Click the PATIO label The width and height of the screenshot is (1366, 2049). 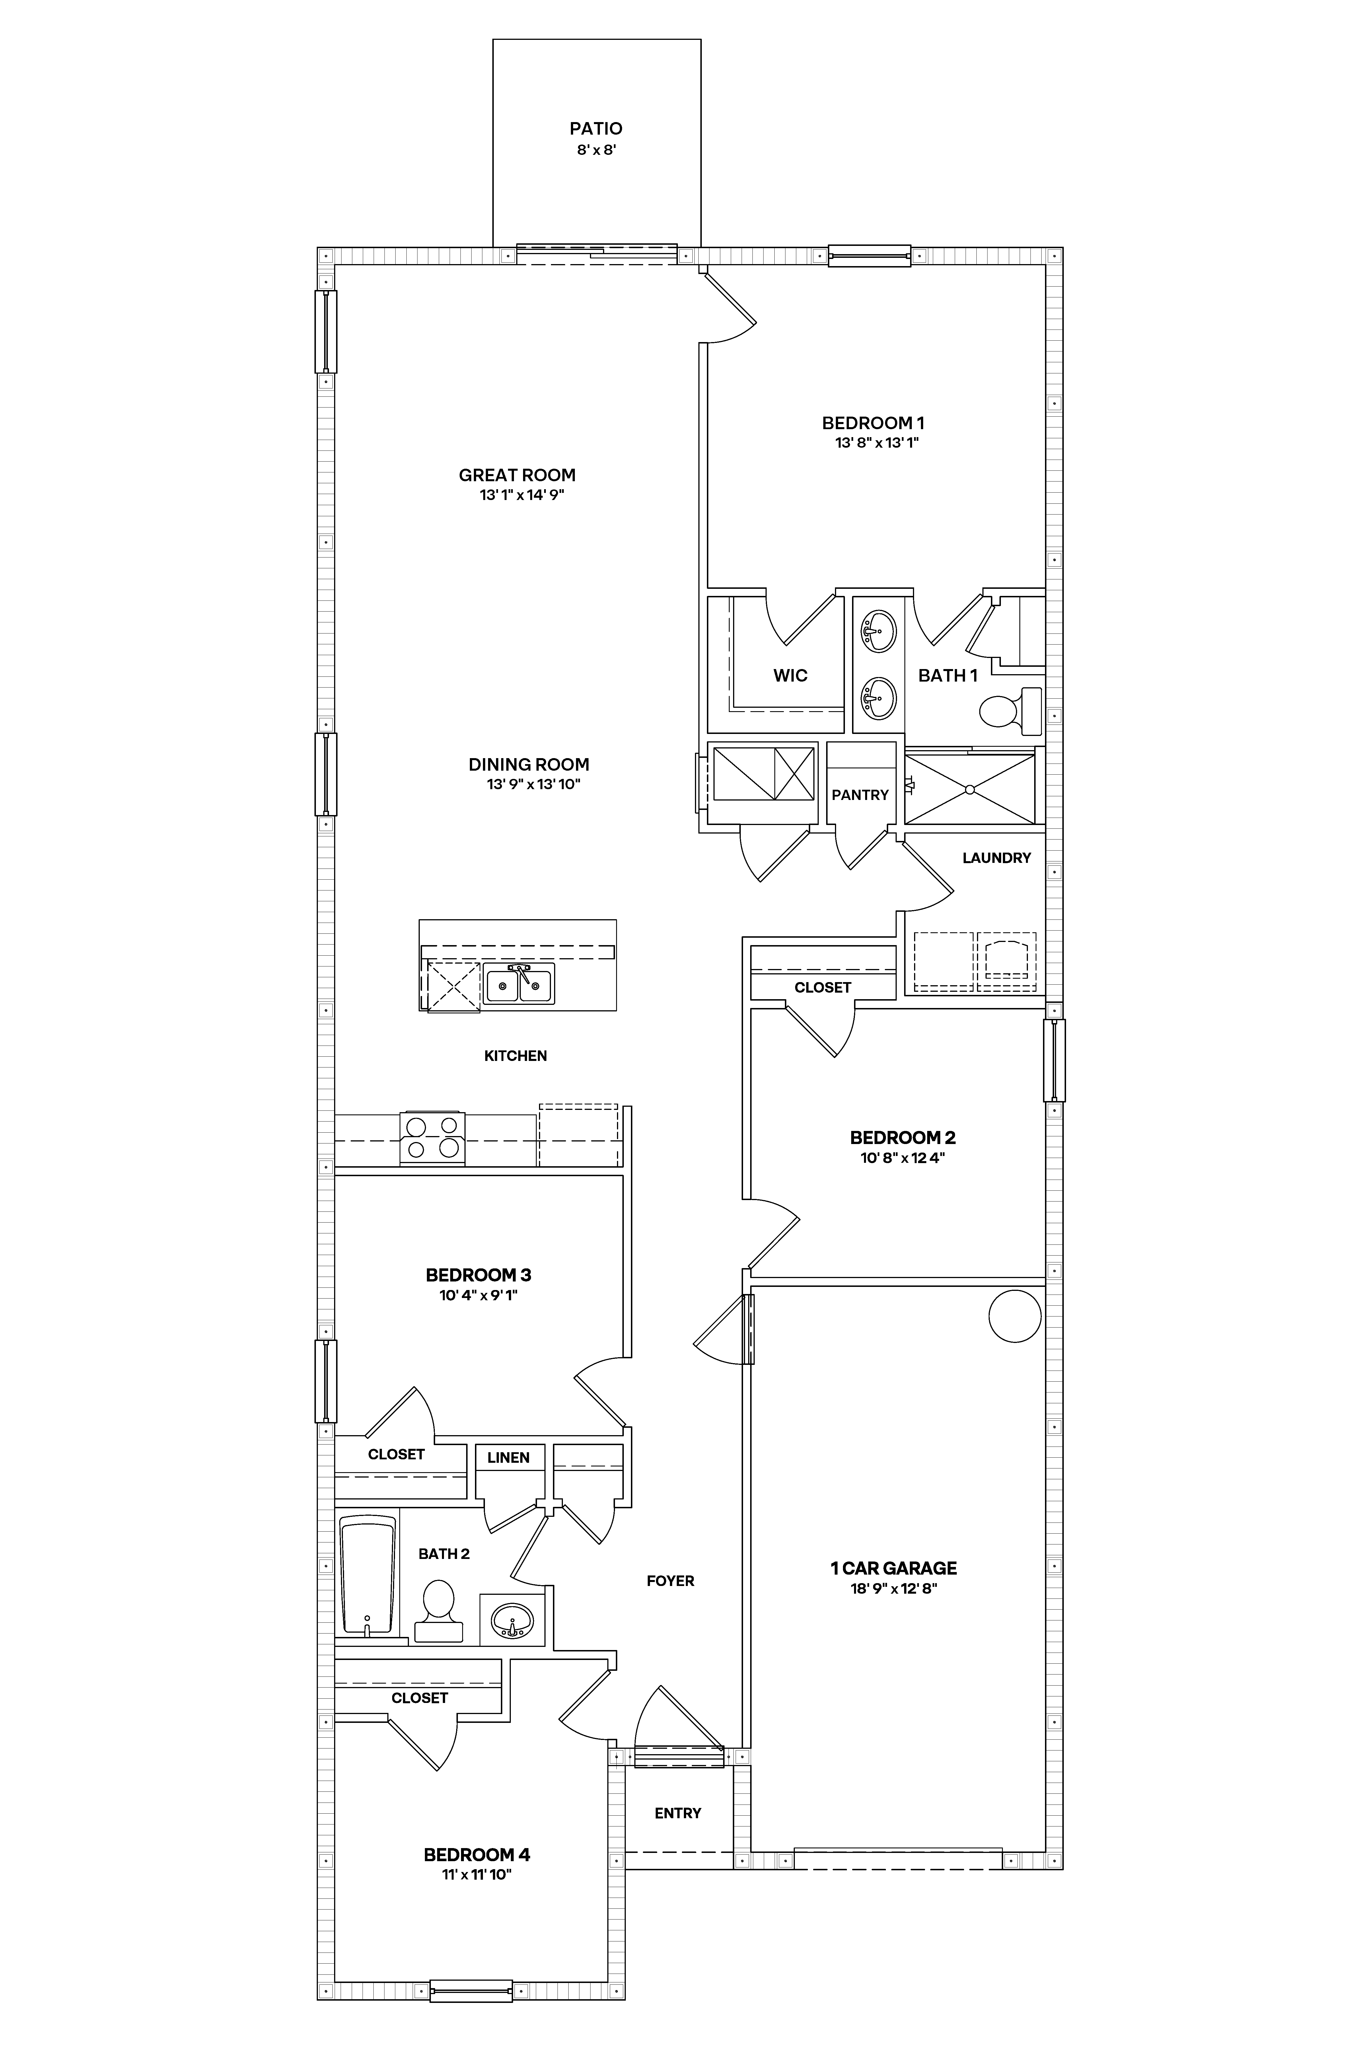point(596,129)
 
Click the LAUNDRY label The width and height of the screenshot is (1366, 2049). point(996,858)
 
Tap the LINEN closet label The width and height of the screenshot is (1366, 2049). point(508,1458)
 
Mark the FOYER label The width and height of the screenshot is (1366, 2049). point(670,1581)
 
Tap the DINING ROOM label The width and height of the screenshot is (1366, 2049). point(529,765)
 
